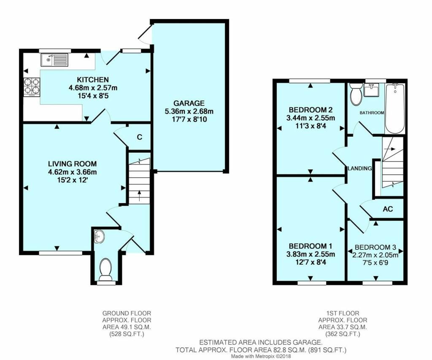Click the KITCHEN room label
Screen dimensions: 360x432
click(x=92, y=80)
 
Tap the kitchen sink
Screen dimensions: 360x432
click(x=54, y=60)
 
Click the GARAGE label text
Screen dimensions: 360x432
click(x=189, y=103)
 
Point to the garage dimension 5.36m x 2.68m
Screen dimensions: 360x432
click(x=189, y=111)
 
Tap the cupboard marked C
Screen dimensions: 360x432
click(x=139, y=137)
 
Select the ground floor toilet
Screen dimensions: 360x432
click(x=105, y=269)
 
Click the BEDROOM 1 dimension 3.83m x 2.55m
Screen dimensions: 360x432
click(x=311, y=254)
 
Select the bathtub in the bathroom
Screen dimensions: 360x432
click(x=395, y=108)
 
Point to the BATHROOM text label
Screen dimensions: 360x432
click(x=371, y=113)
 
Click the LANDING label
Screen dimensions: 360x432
click(x=359, y=168)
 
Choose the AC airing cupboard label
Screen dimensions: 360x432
click(x=388, y=209)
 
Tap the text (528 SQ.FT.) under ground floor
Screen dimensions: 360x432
click(x=127, y=334)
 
